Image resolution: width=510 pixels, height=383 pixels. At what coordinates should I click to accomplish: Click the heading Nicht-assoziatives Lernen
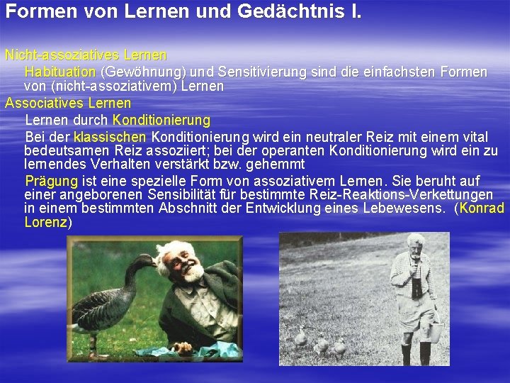click(86, 55)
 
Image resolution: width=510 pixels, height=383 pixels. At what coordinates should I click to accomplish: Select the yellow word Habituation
click(60, 72)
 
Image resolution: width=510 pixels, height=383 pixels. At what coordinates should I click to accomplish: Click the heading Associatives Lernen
click(68, 103)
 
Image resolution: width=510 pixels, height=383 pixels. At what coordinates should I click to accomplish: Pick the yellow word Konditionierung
click(161, 120)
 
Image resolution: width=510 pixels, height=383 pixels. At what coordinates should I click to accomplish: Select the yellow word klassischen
click(110, 136)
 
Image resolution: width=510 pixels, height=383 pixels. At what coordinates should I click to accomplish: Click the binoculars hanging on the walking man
click(417, 287)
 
